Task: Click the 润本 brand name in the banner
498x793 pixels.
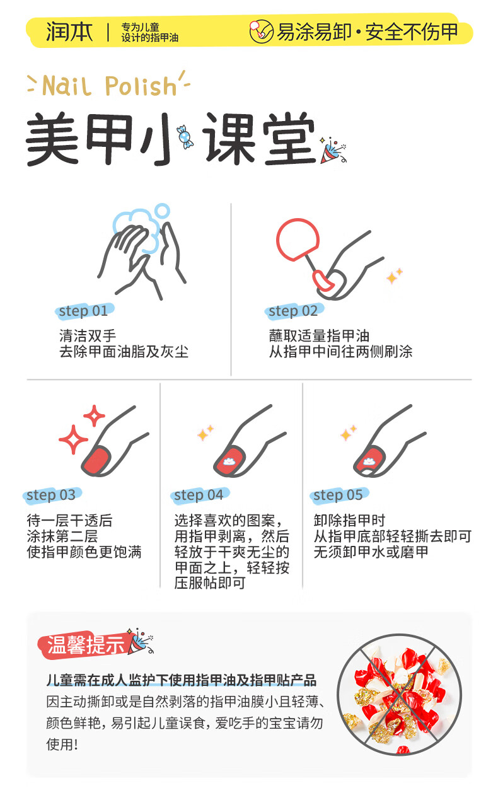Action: pyautogui.click(x=69, y=32)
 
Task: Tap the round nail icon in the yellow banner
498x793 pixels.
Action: pyautogui.click(x=261, y=31)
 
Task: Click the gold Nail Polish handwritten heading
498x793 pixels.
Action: pyautogui.click(x=108, y=85)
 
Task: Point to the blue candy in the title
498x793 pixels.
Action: pyautogui.click(x=185, y=137)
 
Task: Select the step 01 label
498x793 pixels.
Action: pyautogui.click(x=84, y=311)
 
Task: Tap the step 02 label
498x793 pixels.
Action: pyautogui.click(x=293, y=311)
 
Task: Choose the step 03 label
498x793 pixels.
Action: pyautogui.click(x=52, y=495)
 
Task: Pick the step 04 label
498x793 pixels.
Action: pyautogui.click(x=199, y=495)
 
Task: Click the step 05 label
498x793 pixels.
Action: pyautogui.click(x=339, y=495)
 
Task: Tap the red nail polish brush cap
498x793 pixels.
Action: pyautogui.click(x=298, y=238)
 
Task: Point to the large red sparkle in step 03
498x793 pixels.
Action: pyautogui.click(x=73, y=439)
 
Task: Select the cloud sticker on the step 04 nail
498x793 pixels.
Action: pyautogui.click(x=229, y=461)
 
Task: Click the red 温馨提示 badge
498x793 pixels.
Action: pyautogui.click(x=84, y=644)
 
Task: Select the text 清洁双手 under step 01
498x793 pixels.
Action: pyautogui.click(x=88, y=335)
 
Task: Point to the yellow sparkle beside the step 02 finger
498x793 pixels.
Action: pyautogui.click(x=394, y=275)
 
